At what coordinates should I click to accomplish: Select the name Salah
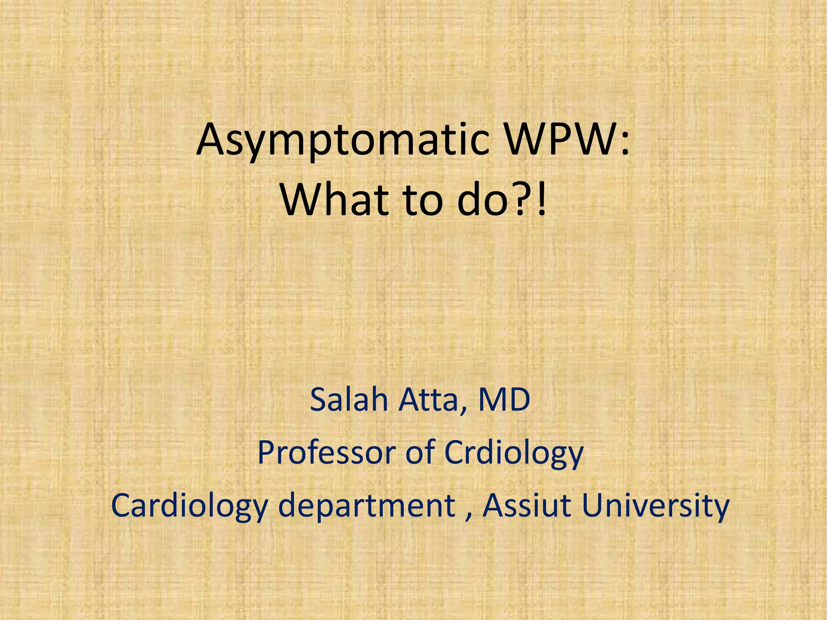click(x=349, y=400)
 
